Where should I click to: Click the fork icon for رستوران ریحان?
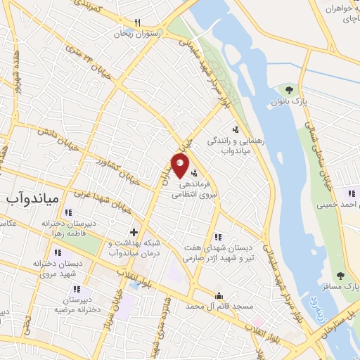pyautogui.click(x=137, y=22)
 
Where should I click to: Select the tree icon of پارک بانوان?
pyautogui.click(x=289, y=89)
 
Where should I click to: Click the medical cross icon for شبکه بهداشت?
pyautogui.click(x=134, y=231)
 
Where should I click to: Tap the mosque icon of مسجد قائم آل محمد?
pyautogui.click(x=219, y=295)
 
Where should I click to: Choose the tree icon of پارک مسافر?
pyautogui.click(x=341, y=276)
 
